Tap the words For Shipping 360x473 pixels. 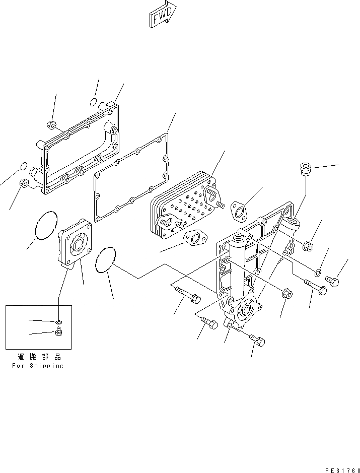pyautogui.click(x=38, y=366)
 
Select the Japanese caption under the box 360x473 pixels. pyautogui.click(x=38, y=356)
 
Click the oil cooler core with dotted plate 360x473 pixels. pyautogui.click(x=184, y=204)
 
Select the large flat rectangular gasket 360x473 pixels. pyautogui.click(x=132, y=179)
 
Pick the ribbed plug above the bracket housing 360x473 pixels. pyautogui.click(x=304, y=169)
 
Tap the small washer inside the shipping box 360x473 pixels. pyautogui.click(x=58, y=321)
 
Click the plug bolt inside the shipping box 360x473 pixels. pyautogui.click(x=58, y=331)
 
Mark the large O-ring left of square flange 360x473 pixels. pyautogui.click(x=46, y=225)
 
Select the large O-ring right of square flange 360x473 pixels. pyautogui.click(x=106, y=260)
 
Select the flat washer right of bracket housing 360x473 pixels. pyautogui.click(x=317, y=273)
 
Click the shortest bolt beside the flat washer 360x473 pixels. pyautogui.click(x=332, y=280)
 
